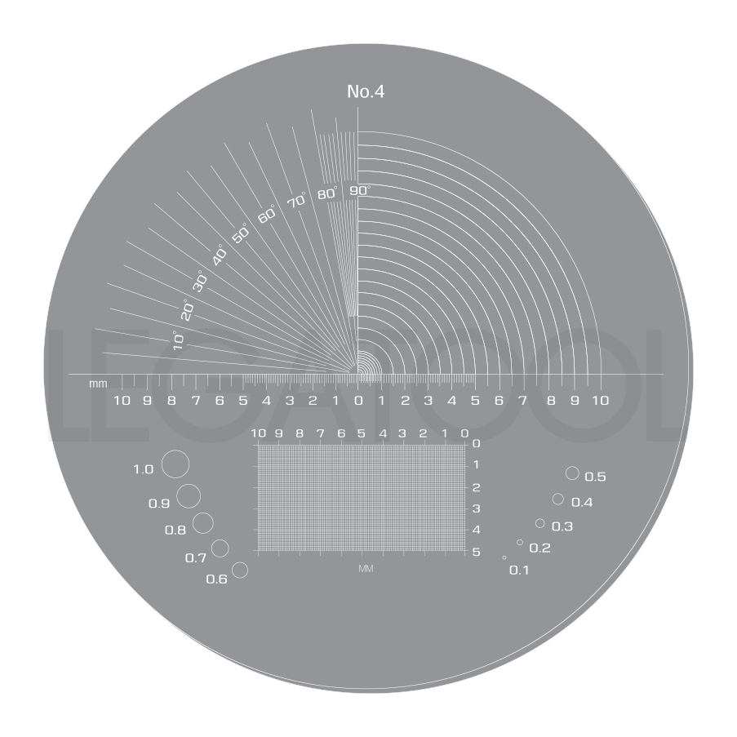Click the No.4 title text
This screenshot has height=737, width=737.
tap(366, 91)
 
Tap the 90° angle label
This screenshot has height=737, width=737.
tap(360, 190)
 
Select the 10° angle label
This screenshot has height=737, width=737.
tap(178, 340)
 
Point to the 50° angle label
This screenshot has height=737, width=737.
tap(240, 233)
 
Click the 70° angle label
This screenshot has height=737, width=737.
tap(297, 200)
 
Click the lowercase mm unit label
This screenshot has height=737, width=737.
tap(98, 384)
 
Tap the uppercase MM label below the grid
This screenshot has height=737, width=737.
tap(366, 569)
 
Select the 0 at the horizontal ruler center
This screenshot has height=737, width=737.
tap(358, 401)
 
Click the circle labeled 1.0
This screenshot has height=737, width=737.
tap(175, 451)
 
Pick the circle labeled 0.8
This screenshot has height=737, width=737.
tap(203, 513)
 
